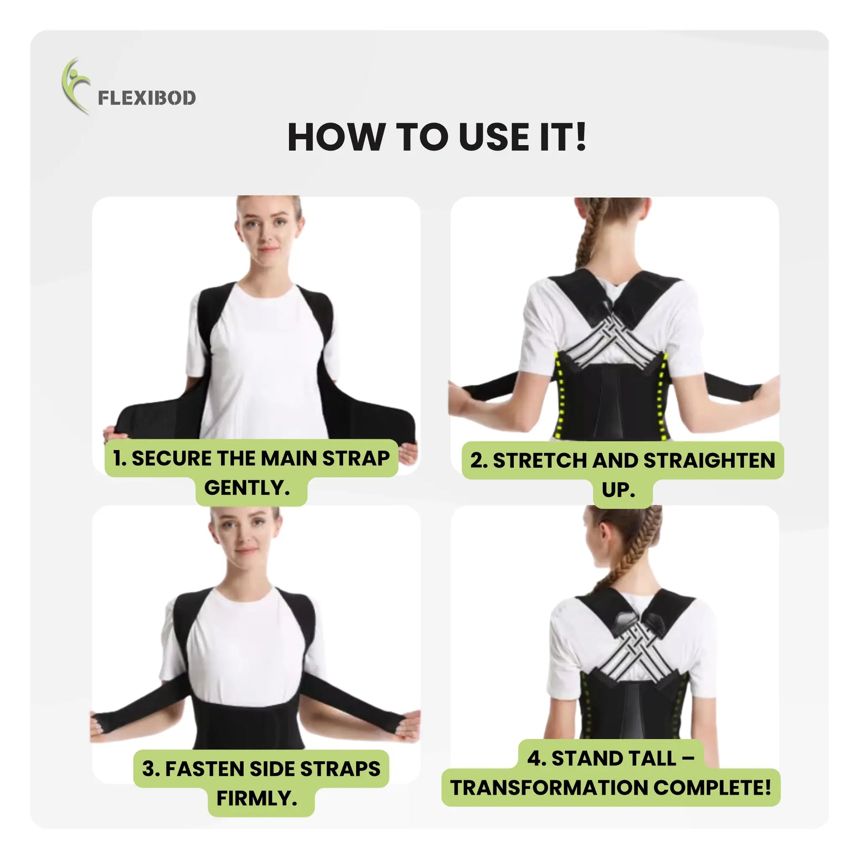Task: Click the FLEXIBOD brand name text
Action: tap(147, 98)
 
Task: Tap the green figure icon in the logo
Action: tap(74, 86)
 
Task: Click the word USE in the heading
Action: tap(494, 137)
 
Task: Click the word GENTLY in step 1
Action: tap(244, 488)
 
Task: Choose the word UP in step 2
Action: tap(615, 490)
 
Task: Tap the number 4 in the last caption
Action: tap(534, 758)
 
